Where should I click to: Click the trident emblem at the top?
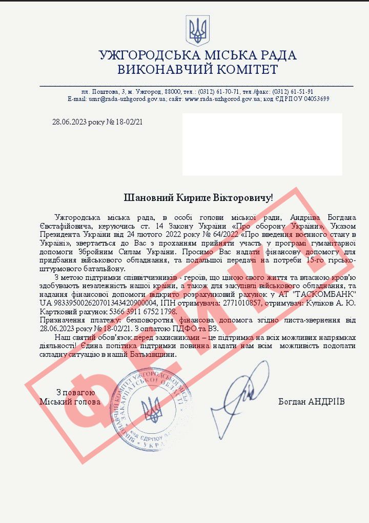[x=197, y=31]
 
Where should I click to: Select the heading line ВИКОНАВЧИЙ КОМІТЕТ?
[x=197, y=70]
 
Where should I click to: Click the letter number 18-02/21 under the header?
[x=128, y=122]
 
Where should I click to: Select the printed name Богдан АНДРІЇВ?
[x=312, y=401]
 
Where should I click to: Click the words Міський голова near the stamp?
[x=70, y=401]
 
